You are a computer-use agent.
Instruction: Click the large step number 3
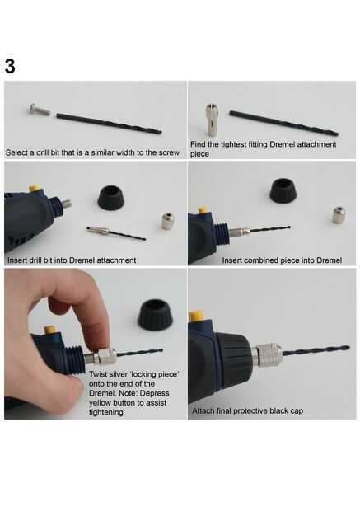10,66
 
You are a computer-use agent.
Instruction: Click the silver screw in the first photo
40,110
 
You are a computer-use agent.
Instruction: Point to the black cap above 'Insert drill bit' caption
111,197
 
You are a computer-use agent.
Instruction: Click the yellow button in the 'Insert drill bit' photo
34,189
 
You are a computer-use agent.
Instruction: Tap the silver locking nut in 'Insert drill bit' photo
167,221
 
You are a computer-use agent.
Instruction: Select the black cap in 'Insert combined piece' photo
283,190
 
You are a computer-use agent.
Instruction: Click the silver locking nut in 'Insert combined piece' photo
339,214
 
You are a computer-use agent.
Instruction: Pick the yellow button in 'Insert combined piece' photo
203,209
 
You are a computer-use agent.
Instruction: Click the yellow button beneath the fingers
50,329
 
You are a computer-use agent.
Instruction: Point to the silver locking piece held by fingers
105,356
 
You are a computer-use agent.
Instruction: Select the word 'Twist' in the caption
98,374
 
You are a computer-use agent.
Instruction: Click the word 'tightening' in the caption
106,412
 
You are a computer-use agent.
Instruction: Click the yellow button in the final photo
196,316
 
